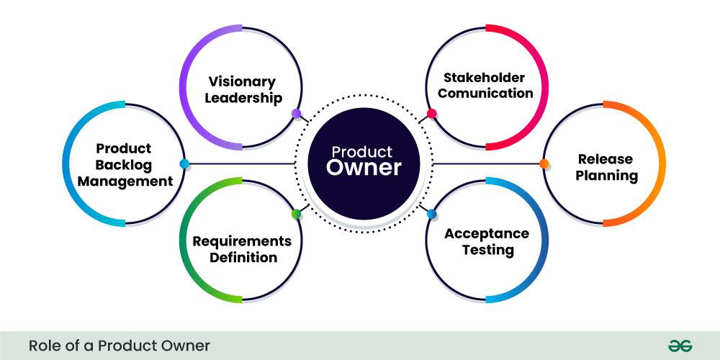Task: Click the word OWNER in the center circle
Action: point(363,168)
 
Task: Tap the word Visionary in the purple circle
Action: point(242,81)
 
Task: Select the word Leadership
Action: point(243,98)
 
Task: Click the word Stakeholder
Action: point(484,77)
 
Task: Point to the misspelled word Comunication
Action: point(485,93)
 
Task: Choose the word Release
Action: point(606,158)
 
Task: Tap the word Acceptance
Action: point(487,234)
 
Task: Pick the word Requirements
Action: point(242,240)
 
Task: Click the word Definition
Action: point(243,257)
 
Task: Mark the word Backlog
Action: point(124,165)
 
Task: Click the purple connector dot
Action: point(296,114)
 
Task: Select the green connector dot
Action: point(296,214)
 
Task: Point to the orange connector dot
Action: point(544,163)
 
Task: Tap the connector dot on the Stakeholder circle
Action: point(431,114)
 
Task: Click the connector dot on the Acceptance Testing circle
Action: point(431,214)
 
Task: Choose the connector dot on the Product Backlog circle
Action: point(184,163)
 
